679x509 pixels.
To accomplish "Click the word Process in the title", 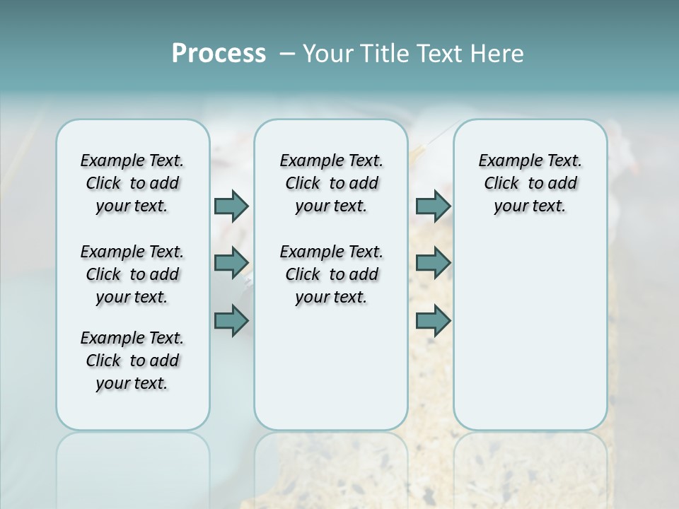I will tap(219, 53).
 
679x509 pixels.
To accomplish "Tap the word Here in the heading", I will tap(498, 54).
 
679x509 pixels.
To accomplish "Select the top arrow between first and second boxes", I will tap(231, 206).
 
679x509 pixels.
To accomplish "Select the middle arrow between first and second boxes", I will tap(231, 263).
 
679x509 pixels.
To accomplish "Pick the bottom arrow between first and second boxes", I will tap(231, 320).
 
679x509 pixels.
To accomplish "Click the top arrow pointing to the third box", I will tap(433, 206).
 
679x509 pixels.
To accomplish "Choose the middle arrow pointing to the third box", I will tap(433, 263).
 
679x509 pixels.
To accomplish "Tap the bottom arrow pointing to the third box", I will tap(433, 320).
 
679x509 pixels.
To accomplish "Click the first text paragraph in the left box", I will tap(132, 183).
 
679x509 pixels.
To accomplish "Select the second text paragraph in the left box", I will tap(132, 274).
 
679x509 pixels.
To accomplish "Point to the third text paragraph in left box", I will tap(132, 361).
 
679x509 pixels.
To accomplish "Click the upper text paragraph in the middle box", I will tap(331, 183).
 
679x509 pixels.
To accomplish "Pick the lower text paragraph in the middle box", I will tap(331, 274).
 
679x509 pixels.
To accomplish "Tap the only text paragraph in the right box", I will tap(530, 183).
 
